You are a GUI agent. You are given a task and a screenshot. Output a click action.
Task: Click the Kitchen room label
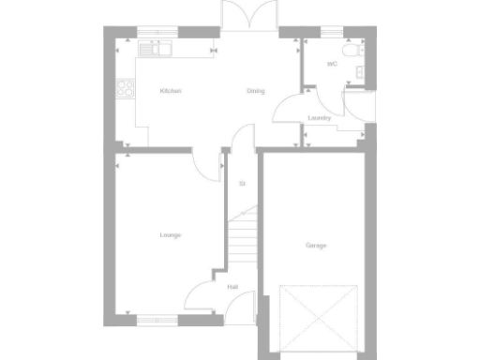[x=170, y=91]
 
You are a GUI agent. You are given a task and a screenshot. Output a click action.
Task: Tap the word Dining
[x=256, y=91]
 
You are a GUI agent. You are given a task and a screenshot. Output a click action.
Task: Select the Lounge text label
[x=170, y=234]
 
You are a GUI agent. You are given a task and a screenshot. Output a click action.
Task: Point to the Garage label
[x=316, y=246]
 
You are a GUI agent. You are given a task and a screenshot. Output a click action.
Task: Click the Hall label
[x=232, y=287]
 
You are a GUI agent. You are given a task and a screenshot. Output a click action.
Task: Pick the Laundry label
[x=320, y=118]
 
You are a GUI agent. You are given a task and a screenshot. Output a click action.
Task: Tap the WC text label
[x=332, y=64]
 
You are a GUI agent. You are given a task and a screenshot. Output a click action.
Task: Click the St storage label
[x=242, y=184]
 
